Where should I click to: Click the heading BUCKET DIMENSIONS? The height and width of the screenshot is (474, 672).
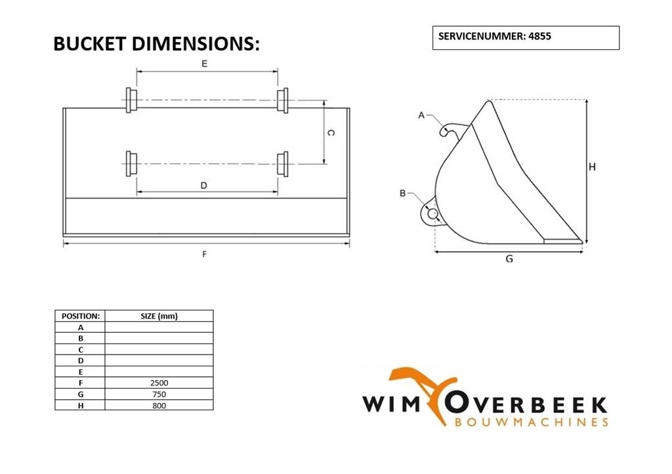tap(156, 44)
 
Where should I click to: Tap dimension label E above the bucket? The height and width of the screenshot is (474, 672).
tap(205, 64)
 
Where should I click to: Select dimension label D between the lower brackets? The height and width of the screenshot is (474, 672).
tap(204, 186)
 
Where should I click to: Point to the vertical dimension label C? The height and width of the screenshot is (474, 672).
tap(331, 133)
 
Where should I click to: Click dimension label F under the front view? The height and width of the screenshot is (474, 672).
tap(205, 253)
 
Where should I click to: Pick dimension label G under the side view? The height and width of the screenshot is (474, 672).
tap(509, 259)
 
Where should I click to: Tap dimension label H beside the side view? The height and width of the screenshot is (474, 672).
tap(592, 167)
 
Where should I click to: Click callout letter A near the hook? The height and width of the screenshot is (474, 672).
tap(421, 116)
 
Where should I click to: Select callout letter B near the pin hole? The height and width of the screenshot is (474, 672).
tap(402, 193)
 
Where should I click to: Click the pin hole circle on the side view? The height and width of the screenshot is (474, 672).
tap(432, 213)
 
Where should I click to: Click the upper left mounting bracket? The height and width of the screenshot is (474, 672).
tap(131, 100)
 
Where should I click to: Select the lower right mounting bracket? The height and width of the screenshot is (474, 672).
tap(283, 163)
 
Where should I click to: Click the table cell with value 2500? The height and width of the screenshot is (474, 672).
tap(159, 382)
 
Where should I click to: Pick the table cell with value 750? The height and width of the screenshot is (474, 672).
tap(159, 394)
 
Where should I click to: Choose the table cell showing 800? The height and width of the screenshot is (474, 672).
tap(159, 405)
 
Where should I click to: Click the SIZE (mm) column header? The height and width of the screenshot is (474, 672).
tap(159, 316)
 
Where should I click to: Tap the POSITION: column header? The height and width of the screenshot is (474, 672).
tap(80, 316)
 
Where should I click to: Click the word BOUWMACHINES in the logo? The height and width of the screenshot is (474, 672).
tap(532, 421)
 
